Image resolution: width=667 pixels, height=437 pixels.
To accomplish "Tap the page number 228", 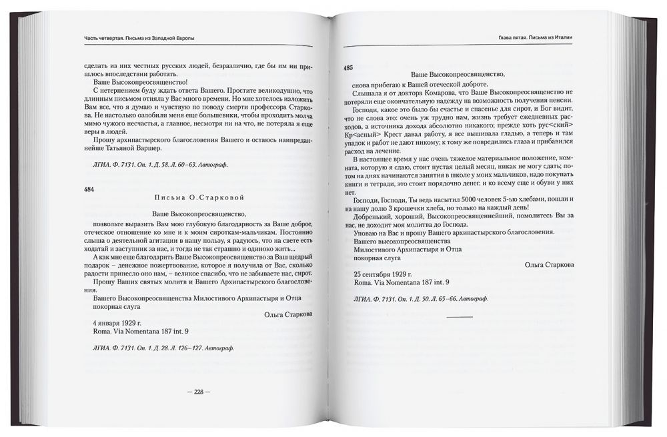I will (197, 392).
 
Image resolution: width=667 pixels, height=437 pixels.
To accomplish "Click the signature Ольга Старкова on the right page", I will (550, 264).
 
